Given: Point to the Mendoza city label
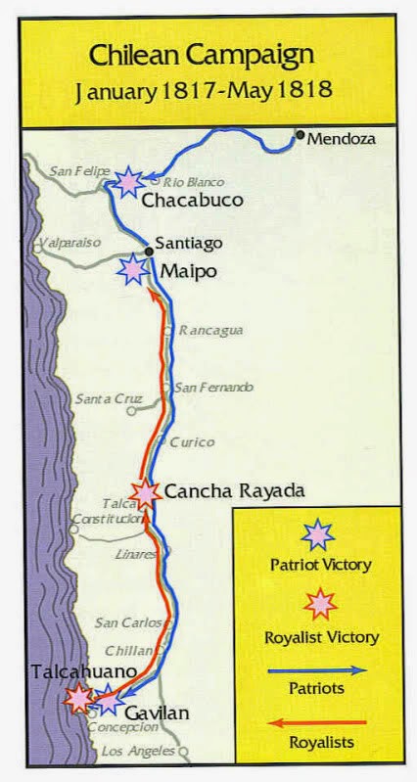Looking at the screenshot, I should click(342, 139).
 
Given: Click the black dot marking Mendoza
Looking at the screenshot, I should click(301, 135).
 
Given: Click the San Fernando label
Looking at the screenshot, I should click(212, 388).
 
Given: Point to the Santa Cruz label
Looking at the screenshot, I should click(109, 398).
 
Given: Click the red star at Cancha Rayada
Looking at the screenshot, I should click(145, 493).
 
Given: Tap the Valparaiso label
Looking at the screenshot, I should click(70, 242).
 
